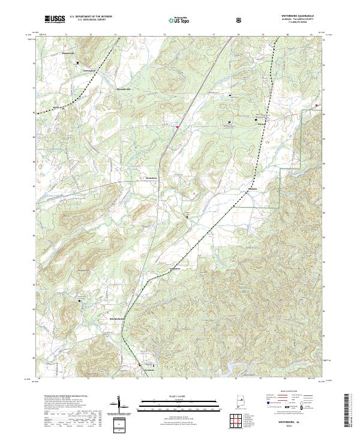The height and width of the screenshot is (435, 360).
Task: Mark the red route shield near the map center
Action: tap(177, 127)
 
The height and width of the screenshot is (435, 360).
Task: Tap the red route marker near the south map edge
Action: tap(140, 364)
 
